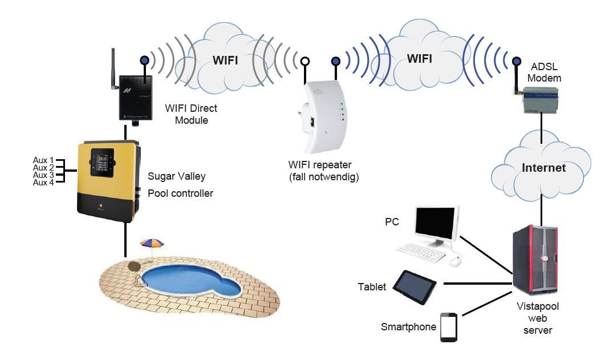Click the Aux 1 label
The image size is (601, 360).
[x=43, y=160]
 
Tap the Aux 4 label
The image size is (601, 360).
[x=43, y=183]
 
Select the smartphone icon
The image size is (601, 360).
[x=449, y=327]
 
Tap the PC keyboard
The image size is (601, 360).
[x=421, y=252]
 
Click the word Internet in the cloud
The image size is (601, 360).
[x=545, y=168]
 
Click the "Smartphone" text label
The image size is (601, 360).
[x=408, y=327]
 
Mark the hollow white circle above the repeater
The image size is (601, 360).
[x=306, y=60]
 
